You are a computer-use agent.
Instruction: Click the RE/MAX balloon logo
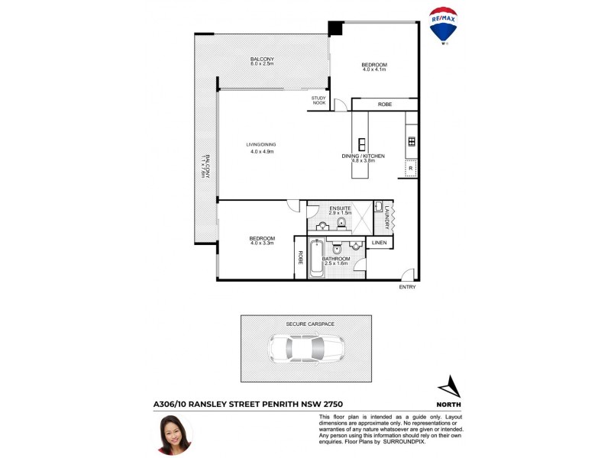coord(444,26)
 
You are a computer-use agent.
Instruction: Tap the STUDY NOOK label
coord(318,100)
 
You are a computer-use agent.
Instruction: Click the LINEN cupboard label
coord(380,243)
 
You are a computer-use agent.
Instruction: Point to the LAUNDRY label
coord(388,218)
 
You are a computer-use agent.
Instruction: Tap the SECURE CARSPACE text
coord(310,324)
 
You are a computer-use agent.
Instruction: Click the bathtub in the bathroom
coord(315,260)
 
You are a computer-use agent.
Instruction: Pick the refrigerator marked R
coord(411,168)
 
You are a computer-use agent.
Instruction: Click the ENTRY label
coord(408,287)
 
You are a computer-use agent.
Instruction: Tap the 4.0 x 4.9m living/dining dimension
coord(261,152)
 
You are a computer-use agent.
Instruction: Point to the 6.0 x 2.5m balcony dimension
coord(262,64)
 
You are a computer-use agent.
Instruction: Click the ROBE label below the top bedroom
coord(385,104)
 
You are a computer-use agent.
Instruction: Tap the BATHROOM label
coord(336,259)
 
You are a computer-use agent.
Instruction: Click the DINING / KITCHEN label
coord(363,156)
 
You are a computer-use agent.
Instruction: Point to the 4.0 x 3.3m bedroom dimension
coord(261,244)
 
